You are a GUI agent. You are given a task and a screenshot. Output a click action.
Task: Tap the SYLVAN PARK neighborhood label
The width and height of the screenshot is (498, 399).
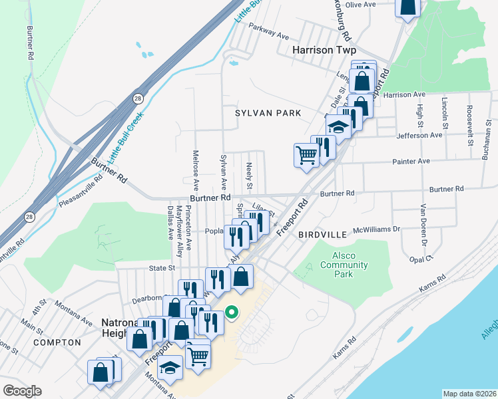[268, 114]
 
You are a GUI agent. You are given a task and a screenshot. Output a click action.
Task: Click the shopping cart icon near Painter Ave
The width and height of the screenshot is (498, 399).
[306, 155]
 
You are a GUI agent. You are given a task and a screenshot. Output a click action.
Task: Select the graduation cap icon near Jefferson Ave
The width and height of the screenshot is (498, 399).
[338, 126]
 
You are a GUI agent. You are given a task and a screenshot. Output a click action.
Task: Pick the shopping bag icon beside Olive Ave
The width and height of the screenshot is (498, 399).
[408, 6]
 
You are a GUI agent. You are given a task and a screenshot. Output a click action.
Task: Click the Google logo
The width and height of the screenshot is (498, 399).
[22, 391]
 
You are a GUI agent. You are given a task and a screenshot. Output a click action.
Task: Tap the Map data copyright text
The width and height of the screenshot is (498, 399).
[469, 394]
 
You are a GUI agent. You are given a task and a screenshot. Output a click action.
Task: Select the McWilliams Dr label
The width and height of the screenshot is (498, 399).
[376, 229]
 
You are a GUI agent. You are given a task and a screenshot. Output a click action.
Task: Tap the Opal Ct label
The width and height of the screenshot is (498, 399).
[421, 257]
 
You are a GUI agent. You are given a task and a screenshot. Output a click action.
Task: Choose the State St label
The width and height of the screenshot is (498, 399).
[161, 268]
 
